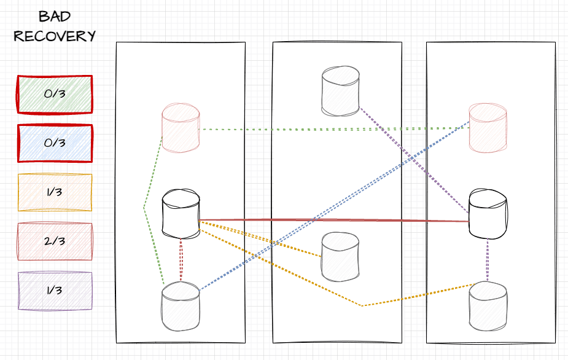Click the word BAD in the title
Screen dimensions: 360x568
click(54, 16)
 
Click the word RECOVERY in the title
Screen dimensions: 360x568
click(54, 36)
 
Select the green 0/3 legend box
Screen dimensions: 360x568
click(55, 94)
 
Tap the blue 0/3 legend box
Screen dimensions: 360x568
click(55, 143)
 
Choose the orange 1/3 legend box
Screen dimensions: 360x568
click(55, 192)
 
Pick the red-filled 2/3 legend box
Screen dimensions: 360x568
click(55, 241)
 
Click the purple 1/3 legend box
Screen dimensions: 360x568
click(55, 290)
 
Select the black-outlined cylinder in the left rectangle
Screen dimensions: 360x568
click(181, 216)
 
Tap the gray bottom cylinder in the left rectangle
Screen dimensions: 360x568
click(181, 306)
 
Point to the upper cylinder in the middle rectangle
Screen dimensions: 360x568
click(341, 92)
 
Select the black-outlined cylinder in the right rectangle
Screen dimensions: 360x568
click(488, 214)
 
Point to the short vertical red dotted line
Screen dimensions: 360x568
click(181, 260)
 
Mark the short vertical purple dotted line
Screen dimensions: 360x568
click(488, 260)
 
